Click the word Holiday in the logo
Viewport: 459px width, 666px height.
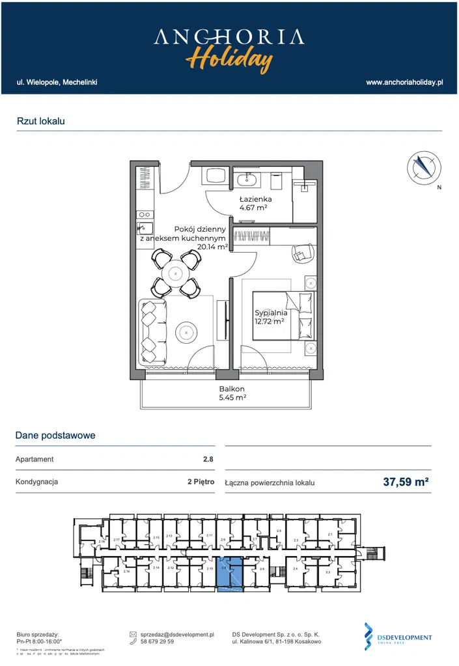coord(229,59)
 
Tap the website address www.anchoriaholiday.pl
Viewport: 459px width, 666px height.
coord(404,83)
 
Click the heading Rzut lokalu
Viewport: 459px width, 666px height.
coord(41,121)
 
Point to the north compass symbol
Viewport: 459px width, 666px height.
coord(421,167)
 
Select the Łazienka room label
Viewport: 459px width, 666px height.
coord(255,199)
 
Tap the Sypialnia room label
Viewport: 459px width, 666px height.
coord(271,312)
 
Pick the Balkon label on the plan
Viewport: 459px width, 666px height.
coord(231,389)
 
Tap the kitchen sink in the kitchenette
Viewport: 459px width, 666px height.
coord(145,228)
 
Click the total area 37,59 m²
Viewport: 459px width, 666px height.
coord(406,482)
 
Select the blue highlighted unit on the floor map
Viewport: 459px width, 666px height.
coord(229,575)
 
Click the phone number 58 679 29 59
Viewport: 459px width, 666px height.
coord(157,642)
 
